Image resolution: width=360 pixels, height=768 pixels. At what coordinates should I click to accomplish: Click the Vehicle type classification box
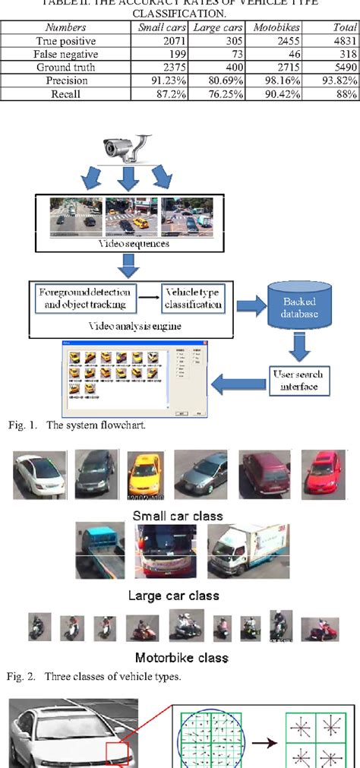click(x=194, y=298)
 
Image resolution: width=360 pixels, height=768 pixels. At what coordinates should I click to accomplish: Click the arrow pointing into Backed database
click(x=248, y=305)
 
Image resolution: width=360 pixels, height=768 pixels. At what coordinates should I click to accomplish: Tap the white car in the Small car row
click(x=37, y=475)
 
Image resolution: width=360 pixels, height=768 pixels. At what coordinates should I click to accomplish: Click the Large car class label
click(x=177, y=595)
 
